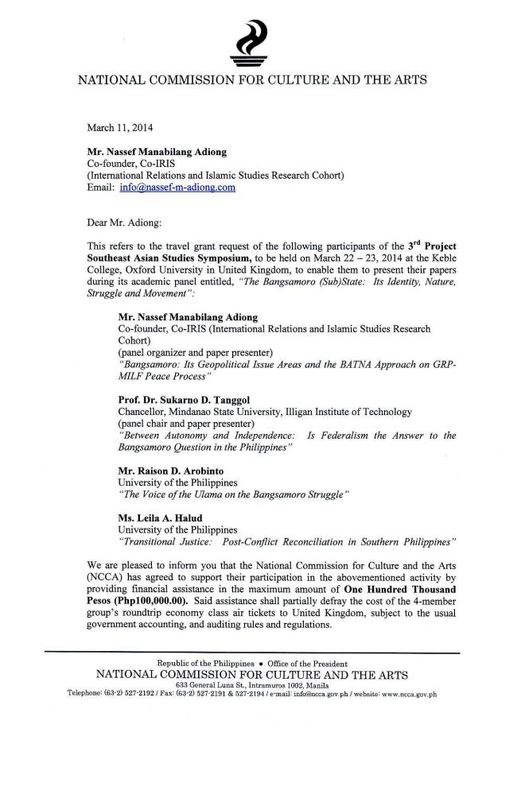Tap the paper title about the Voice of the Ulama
[x=233, y=494]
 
